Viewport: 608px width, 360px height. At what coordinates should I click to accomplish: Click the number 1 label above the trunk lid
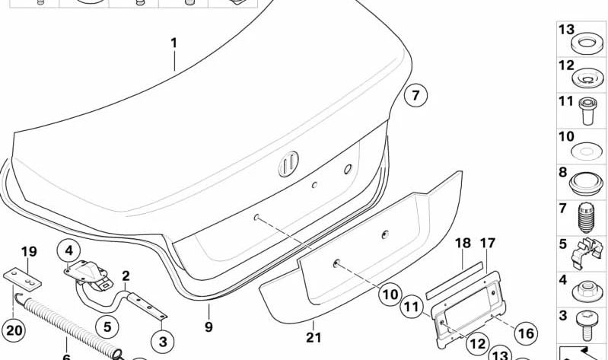tap(173, 43)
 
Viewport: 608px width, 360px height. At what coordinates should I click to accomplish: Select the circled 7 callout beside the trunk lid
tap(415, 97)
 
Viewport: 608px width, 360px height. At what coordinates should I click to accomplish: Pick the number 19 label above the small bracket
tap(28, 252)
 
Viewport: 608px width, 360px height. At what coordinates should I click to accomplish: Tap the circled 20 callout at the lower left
tap(14, 330)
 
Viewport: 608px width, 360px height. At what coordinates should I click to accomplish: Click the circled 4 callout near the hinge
tap(68, 250)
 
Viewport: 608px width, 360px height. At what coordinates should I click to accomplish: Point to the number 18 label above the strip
tap(463, 244)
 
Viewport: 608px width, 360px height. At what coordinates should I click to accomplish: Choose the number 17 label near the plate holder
tap(488, 244)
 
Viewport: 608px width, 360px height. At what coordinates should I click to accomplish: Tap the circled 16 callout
tap(525, 333)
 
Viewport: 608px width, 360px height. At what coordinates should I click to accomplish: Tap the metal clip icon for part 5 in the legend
tap(587, 253)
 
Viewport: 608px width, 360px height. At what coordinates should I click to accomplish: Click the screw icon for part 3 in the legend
tap(587, 326)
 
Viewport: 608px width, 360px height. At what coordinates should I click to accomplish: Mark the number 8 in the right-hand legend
tap(564, 173)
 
